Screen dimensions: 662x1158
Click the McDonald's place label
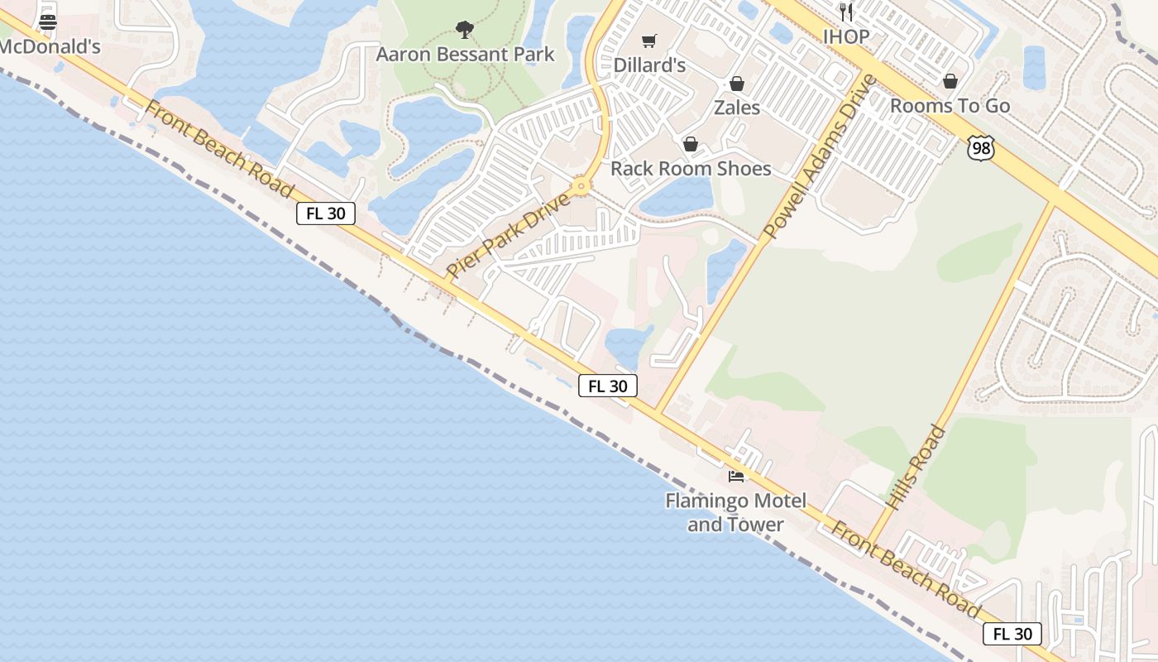50,46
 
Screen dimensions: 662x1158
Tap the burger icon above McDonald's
48,22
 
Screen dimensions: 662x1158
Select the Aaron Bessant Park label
465,55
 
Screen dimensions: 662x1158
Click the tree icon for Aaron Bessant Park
465,30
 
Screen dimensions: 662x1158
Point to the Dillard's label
649,65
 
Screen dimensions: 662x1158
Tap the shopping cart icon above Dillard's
649,41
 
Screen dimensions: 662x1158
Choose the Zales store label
736,108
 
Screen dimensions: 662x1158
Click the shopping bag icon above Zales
736,84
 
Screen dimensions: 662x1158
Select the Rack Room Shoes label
691,169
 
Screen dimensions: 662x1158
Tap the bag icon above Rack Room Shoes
691,145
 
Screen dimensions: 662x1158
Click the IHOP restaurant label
845,36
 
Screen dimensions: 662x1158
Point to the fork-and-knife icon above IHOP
845,12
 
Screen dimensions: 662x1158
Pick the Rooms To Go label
950,106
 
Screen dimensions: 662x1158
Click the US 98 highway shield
979,148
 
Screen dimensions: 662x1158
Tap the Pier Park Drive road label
508,235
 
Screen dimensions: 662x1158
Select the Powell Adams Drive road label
820,156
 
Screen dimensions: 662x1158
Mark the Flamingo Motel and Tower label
735,512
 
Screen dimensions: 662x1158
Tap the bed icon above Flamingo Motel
735,476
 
